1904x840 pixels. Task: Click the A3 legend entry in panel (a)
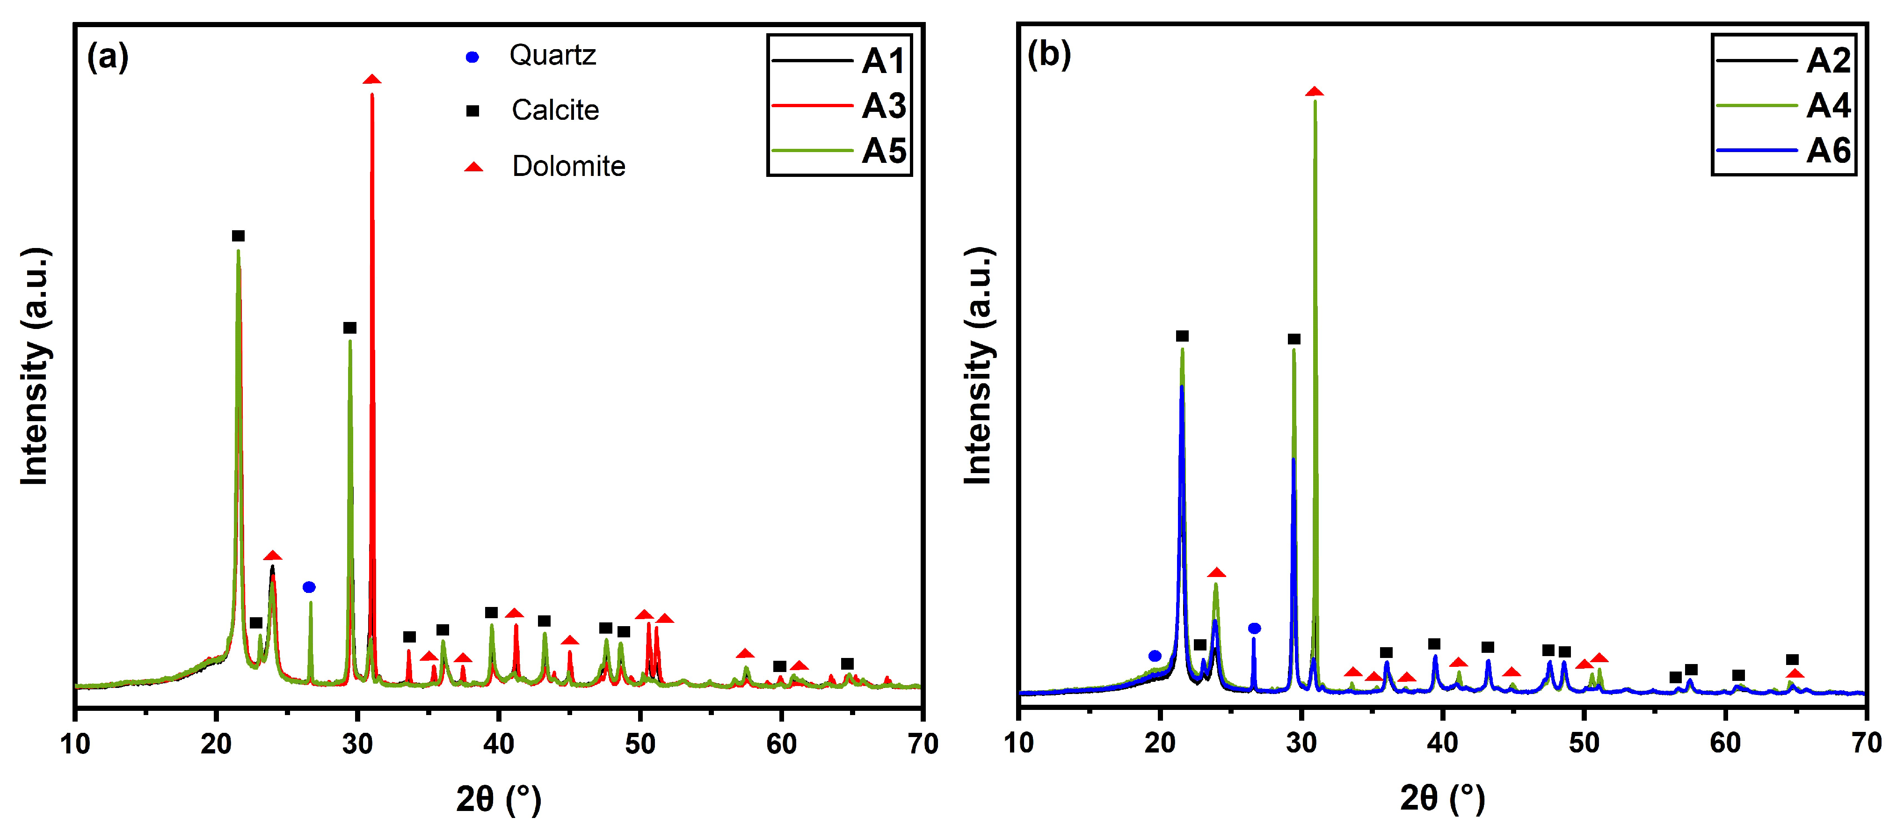click(x=883, y=106)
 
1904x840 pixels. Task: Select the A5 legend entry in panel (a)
click(x=883, y=151)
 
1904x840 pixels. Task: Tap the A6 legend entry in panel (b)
click(x=1827, y=151)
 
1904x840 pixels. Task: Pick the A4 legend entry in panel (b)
click(x=1827, y=106)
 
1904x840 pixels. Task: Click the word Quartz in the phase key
click(x=552, y=56)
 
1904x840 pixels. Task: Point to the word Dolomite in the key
click(x=568, y=167)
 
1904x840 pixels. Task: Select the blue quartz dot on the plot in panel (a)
click(x=309, y=587)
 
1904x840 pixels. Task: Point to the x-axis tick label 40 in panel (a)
click(x=499, y=744)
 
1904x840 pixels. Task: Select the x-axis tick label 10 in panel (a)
click(x=75, y=744)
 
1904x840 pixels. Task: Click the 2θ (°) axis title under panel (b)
click(x=1442, y=799)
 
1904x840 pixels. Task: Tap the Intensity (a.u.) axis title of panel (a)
click(x=35, y=366)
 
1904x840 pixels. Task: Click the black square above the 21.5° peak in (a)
click(x=238, y=236)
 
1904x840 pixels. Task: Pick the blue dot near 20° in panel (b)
click(x=1155, y=656)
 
